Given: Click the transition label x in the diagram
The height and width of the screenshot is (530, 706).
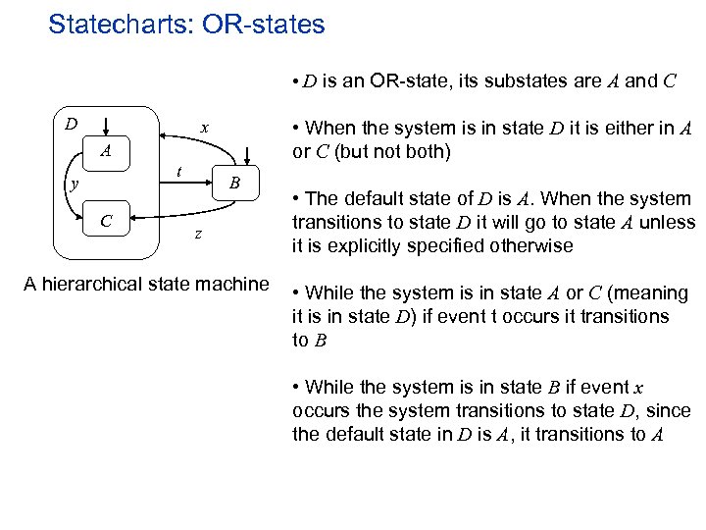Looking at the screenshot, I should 203,128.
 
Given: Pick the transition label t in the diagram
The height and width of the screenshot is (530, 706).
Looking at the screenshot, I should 177,170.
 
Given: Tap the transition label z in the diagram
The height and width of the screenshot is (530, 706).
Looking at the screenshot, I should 198,235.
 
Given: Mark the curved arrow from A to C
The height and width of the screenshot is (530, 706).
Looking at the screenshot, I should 82,186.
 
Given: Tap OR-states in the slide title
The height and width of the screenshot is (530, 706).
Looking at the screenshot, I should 264,25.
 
